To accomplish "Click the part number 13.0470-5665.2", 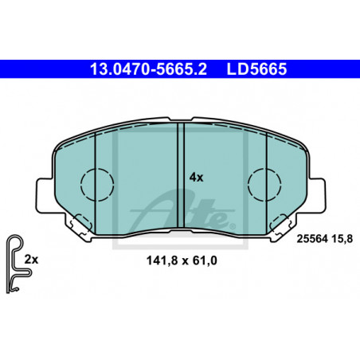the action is tap(148, 69).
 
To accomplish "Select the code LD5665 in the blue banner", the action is tap(256, 69).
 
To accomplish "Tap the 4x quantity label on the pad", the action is tap(196, 178).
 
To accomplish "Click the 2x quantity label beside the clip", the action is tap(31, 260).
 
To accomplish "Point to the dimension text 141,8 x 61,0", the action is tap(182, 260).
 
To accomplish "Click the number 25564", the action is tap(312, 239).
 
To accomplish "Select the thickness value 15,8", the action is tap(342, 239).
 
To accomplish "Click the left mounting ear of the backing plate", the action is tap(44, 195).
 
